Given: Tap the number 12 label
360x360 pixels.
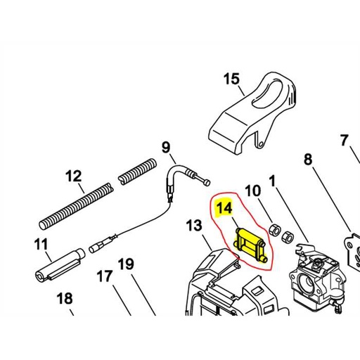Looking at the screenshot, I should coord(74,176).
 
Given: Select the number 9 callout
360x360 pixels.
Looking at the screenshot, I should coord(166,148).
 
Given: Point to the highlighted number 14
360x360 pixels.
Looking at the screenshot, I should coord(224,208).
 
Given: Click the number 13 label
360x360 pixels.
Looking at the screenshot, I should coord(194,226).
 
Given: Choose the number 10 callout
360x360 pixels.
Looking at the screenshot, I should coord(252,190).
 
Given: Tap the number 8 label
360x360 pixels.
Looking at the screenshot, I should coord(308,160).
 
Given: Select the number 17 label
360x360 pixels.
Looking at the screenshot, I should coord(104,276).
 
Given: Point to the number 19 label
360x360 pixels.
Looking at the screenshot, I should coord(125,264).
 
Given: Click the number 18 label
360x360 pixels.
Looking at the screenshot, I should coord(65,299).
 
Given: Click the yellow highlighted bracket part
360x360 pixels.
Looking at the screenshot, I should coord(250,244).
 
